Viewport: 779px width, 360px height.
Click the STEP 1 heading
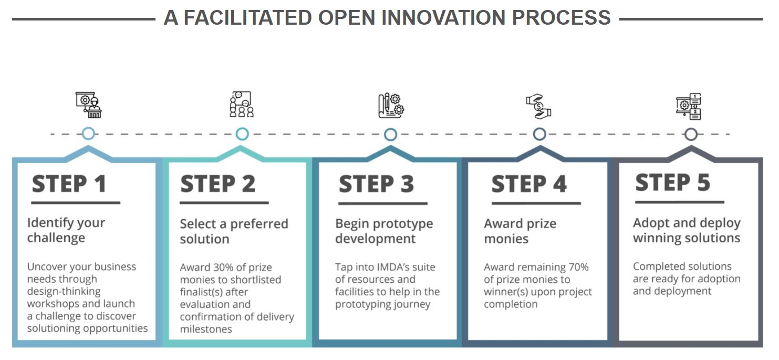(69, 183)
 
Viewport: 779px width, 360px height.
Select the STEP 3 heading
(376, 183)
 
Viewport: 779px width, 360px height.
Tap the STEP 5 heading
(672, 182)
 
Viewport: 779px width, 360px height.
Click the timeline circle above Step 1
(88, 133)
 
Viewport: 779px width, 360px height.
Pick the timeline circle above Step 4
(539, 134)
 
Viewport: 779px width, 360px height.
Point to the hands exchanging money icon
(538, 107)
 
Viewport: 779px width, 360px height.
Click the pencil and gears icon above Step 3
(391, 106)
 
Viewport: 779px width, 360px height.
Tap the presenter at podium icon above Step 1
(89, 105)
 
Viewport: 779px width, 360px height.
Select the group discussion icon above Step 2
(242, 105)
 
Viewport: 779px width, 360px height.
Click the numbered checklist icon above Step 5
(689, 107)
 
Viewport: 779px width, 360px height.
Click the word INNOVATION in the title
(443, 17)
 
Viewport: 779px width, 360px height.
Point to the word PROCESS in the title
(562, 17)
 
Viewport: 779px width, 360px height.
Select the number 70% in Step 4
(578, 267)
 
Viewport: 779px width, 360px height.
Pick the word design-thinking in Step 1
(64, 291)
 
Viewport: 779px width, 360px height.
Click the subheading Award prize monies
(520, 231)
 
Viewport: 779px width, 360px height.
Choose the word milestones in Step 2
(206, 329)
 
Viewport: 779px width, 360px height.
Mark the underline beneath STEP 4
(536, 203)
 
